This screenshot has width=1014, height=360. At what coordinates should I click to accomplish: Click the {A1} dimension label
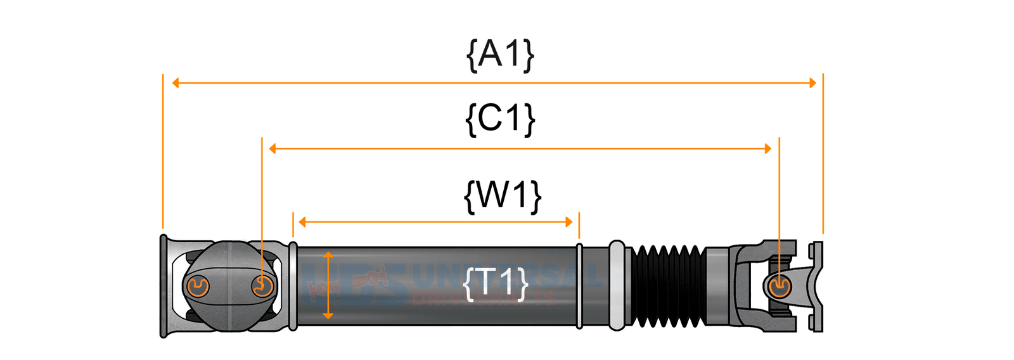[x=500, y=55]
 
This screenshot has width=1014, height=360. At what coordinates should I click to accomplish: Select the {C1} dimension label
[x=500, y=119]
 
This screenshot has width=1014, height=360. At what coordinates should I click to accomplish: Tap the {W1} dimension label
[x=503, y=195]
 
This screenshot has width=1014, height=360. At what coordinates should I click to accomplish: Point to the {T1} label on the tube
[x=496, y=283]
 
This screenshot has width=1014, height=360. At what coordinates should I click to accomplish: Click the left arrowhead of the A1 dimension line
[x=176, y=83]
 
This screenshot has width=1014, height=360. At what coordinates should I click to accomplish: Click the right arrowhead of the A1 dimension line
[x=812, y=83]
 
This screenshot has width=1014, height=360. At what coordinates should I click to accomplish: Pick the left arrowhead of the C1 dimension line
[x=273, y=149]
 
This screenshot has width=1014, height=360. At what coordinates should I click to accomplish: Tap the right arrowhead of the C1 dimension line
[x=768, y=149]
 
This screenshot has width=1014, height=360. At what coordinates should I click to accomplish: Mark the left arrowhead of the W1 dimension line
[x=302, y=222]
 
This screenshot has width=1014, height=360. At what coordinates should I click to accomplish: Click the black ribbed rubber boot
[x=666, y=286]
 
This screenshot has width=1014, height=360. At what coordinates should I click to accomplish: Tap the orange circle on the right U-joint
[x=779, y=286]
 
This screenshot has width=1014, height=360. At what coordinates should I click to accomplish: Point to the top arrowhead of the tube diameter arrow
[x=328, y=255]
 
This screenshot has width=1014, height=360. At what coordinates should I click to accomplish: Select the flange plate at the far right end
[x=817, y=286]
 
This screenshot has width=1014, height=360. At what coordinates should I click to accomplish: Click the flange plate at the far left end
[x=164, y=286]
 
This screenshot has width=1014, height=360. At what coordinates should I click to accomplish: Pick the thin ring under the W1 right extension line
[x=579, y=286]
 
